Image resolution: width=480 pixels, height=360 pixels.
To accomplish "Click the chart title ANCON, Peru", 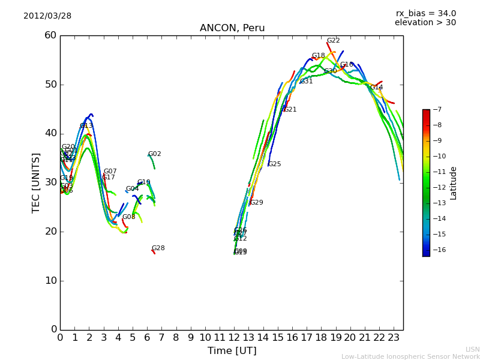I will tap(232, 28).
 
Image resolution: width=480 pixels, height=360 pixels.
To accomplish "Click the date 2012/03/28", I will tap(47, 16).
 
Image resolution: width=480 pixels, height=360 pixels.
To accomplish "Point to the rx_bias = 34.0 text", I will tap(425, 13).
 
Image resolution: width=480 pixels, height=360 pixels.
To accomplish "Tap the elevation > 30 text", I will tap(425, 23).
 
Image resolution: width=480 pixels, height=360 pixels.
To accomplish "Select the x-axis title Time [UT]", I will tap(232, 350).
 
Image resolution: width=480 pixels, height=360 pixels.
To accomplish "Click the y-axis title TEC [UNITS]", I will tap(36, 182).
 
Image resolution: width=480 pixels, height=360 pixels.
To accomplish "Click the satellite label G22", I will tap(333, 41).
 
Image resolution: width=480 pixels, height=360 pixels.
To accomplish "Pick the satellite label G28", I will tap(158, 248).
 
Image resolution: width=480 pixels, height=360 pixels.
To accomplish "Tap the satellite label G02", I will tap(154, 154).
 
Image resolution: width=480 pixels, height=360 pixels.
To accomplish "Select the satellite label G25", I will tap(274, 164).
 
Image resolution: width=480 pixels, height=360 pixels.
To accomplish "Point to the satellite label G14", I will tap(376, 88).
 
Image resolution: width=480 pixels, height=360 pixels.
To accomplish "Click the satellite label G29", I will tap(256, 203).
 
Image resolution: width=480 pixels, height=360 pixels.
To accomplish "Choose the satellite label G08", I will tap(128, 217).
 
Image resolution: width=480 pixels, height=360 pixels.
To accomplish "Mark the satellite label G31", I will tap(306, 82).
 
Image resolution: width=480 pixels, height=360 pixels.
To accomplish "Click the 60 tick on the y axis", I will tap(50, 35).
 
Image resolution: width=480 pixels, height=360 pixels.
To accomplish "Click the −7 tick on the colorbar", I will tap(437, 109).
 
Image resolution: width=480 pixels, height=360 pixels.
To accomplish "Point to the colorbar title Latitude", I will tap(454, 183).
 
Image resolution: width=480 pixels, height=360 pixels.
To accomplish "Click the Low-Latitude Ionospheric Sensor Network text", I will tap(410, 356).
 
